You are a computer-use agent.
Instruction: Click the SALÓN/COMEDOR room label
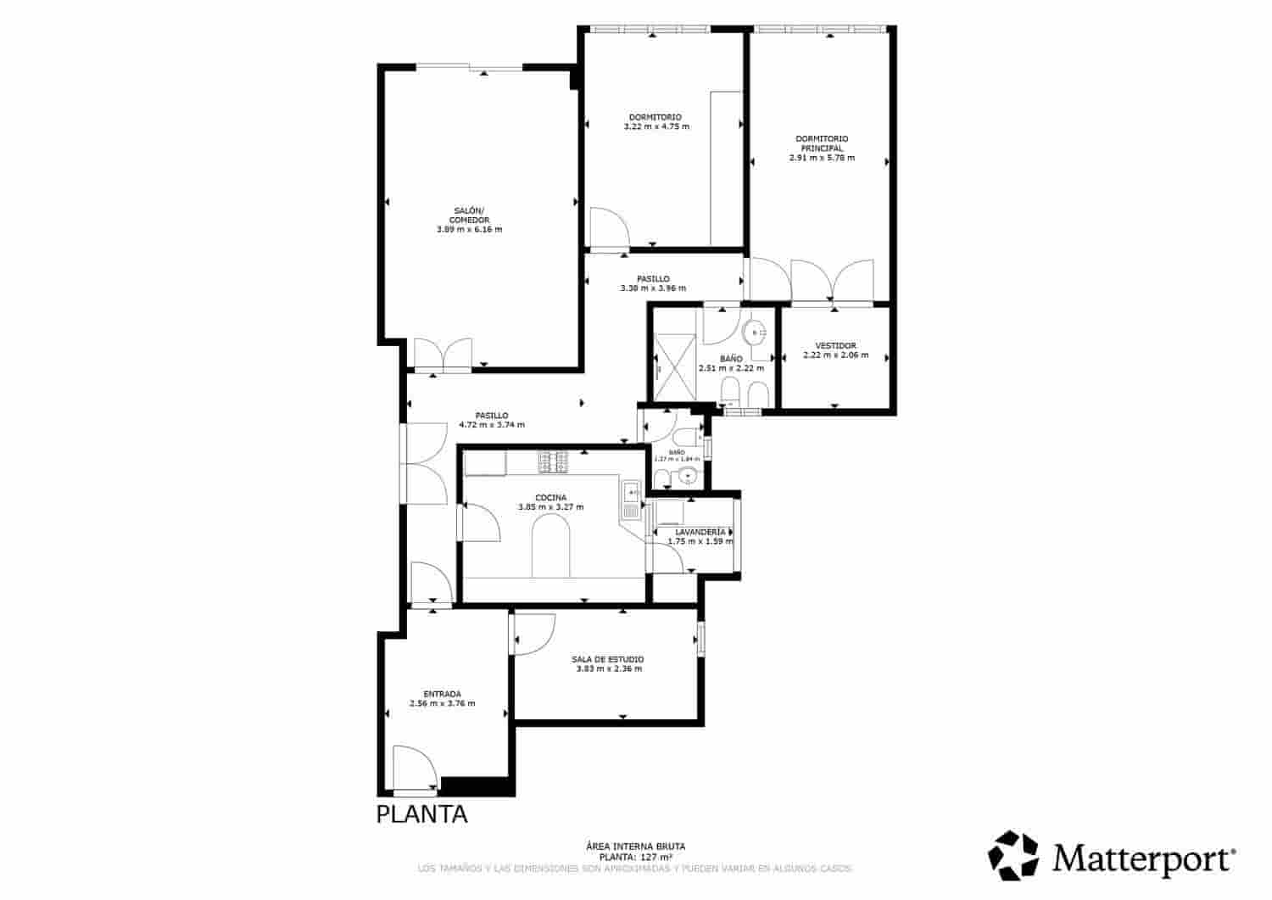(469, 215)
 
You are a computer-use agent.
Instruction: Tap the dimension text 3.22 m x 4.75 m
(656, 126)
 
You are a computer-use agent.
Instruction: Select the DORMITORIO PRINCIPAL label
(821, 143)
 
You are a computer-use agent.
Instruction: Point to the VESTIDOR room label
(835, 345)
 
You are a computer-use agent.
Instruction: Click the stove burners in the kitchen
(554, 462)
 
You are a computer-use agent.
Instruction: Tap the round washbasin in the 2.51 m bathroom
(754, 332)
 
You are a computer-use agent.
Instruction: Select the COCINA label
(550, 498)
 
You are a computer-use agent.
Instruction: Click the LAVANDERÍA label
(700, 532)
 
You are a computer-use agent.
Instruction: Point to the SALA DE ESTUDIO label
(607, 659)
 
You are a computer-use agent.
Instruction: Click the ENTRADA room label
(442, 694)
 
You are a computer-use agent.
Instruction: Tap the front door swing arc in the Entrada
(416, 768)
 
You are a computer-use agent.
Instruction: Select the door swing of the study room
(533, 633)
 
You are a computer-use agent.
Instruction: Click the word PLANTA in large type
(421, 814)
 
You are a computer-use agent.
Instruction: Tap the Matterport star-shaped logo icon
(1015, 855)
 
